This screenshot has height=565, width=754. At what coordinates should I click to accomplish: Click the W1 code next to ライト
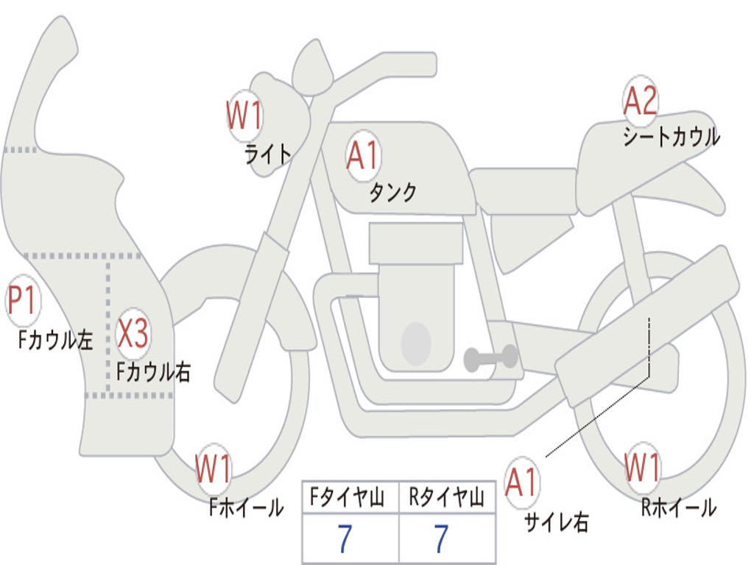[244, 116]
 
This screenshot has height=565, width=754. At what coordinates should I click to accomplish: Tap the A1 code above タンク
[363, 156]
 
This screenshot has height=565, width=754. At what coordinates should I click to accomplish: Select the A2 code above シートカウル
[640, 100]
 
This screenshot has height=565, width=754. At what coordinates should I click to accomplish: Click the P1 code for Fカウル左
[22, 299]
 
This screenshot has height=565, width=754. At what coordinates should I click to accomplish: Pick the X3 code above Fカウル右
[133, 333]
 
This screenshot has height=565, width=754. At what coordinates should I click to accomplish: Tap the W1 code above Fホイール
[213, 469]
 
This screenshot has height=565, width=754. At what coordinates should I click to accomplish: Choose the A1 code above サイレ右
[521, 482]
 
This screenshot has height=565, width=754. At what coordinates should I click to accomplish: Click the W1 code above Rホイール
[642, 467]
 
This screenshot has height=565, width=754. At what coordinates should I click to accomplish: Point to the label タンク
[393, 192]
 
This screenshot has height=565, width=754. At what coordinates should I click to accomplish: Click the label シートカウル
[672, 136]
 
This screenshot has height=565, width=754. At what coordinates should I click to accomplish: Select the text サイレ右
[557, 522]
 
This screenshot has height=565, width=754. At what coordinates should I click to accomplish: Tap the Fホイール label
[246, 508]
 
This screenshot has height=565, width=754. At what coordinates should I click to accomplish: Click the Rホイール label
[679, 508]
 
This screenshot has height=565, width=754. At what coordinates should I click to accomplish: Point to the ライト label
[268, 154]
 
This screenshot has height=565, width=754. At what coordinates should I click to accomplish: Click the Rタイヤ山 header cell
[447, 497]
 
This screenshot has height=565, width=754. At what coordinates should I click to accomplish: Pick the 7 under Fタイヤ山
[345, 539]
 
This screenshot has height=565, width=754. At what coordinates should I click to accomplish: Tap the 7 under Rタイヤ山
[442, 539]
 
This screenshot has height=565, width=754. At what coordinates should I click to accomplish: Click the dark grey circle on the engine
[416, 344]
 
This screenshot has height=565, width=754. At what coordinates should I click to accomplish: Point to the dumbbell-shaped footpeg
[490, 358]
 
